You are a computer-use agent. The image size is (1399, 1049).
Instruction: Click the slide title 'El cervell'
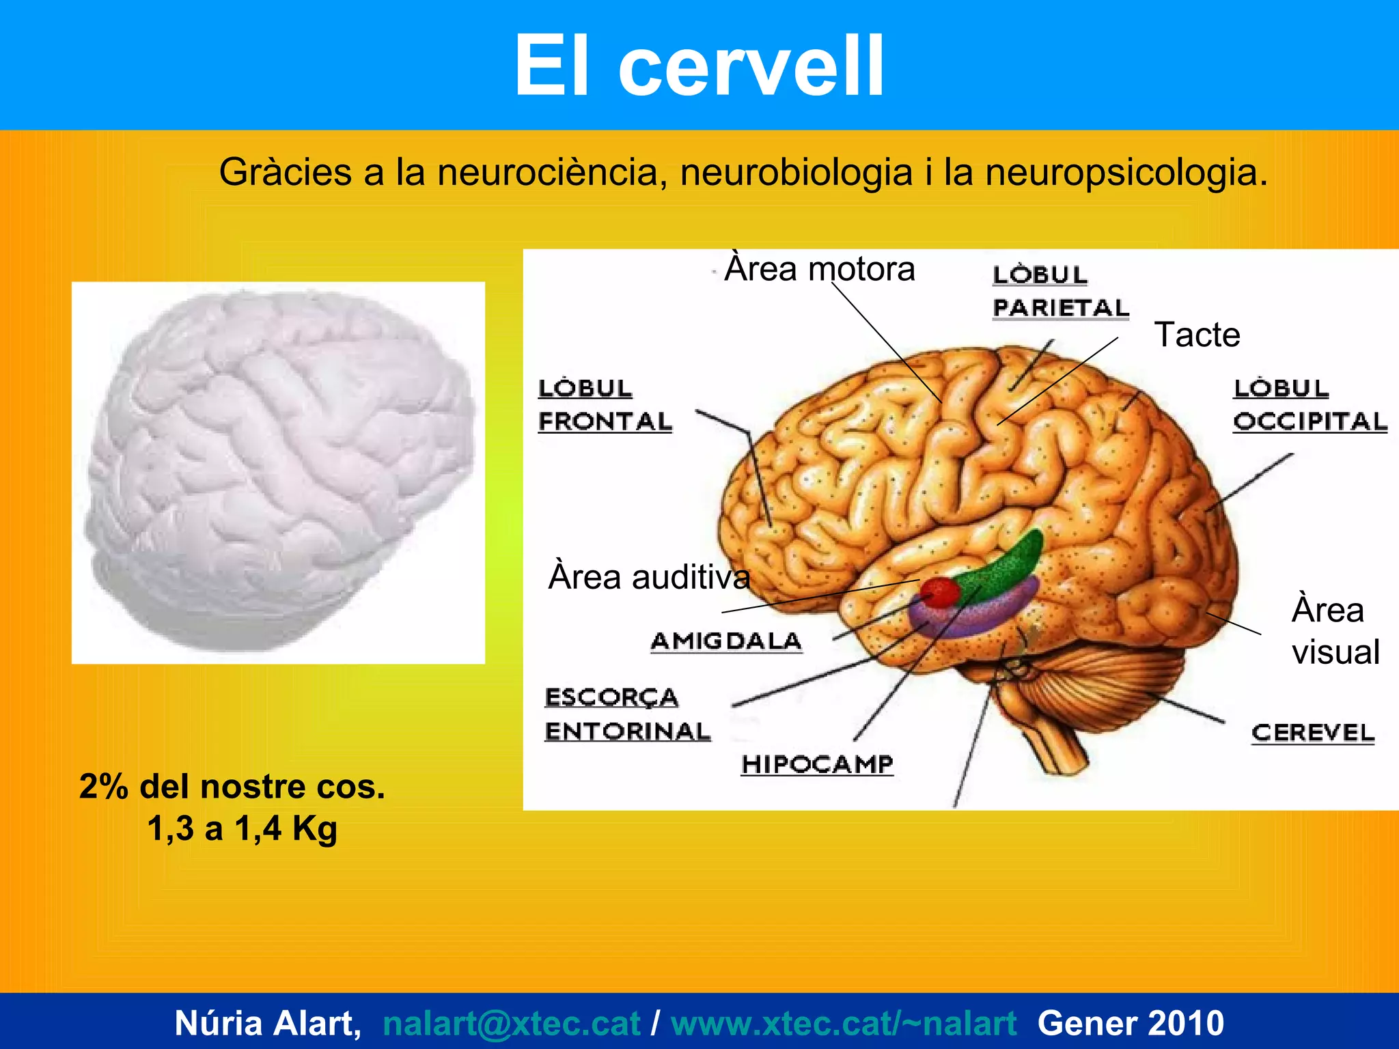click(699, 66)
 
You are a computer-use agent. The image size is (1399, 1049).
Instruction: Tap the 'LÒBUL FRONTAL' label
click(605, 405)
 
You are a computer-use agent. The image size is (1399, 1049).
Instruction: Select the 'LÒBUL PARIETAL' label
click(1059, 292)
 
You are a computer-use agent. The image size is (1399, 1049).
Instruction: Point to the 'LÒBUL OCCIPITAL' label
click(1309, 405)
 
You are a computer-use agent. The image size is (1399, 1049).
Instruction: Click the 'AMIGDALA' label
click(725, 641)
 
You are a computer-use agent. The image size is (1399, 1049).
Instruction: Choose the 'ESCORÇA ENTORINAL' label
click(626, 714)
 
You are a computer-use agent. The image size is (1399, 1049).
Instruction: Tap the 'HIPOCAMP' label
click(817, 764)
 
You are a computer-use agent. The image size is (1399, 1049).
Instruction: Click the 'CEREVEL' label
click(1312, 733)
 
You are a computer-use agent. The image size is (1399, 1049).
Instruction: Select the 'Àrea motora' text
click(819, 269)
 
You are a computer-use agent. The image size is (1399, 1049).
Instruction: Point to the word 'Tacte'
click(1197, 335)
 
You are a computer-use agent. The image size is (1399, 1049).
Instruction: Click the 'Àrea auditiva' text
click(649, 577)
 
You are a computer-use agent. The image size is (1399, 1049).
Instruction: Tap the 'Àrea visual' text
click(1335, 631)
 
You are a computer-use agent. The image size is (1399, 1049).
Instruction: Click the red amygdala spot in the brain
click(941, 591)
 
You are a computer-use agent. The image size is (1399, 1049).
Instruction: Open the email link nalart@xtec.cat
click(511, 1023)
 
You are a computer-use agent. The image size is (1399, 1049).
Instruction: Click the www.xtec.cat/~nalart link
click(844, 1023)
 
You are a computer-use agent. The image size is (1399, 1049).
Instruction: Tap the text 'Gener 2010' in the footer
click(1131, 1023)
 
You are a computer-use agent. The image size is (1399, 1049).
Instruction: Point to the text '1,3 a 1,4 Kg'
click(243, 828)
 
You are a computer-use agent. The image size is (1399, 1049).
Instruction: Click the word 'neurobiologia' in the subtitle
click(796, 172)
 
